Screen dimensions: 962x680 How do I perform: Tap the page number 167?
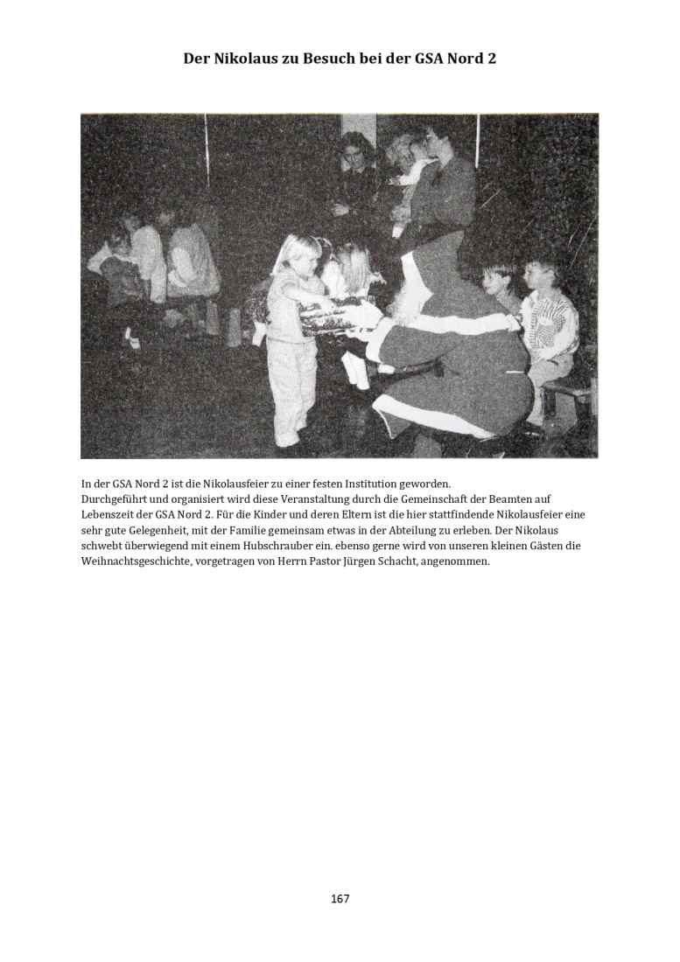tap(340, 899)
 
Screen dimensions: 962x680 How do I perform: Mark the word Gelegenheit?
tap(170, 530)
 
